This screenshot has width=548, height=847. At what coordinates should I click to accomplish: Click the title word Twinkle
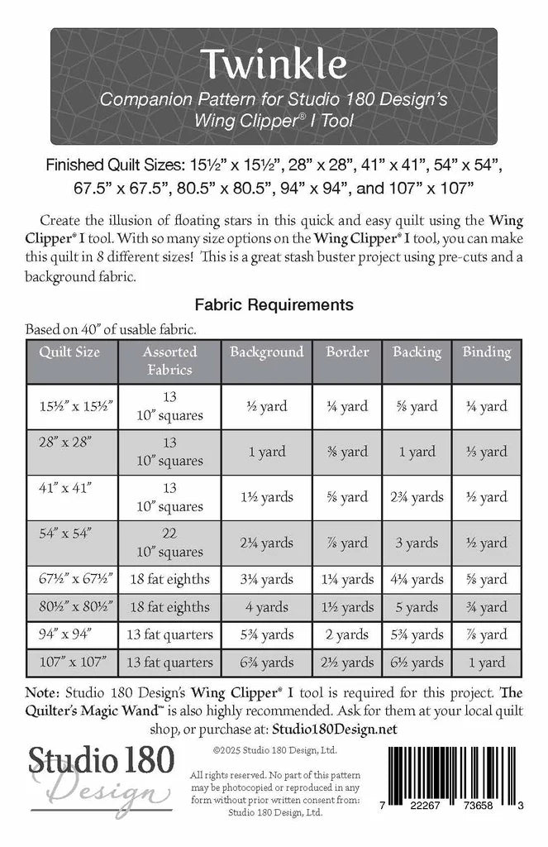(273, 64)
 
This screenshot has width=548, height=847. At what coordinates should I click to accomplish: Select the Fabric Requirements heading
(273, 304)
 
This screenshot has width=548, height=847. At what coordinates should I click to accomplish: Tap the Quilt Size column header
(69, 352)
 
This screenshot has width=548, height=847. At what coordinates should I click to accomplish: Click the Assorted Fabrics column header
(169, 360)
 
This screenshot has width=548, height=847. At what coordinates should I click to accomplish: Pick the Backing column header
(417, 352)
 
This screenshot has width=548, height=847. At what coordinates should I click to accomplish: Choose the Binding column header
(486, 352)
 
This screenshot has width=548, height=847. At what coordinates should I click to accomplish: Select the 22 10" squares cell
(169, 543)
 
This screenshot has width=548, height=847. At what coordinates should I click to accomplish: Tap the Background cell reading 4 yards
(266, 607)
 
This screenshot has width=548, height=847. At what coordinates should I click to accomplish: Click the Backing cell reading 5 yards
(417, 607)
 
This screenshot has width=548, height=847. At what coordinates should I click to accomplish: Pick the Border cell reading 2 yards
(347, 634)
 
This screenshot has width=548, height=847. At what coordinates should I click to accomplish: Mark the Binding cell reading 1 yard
(486, 662)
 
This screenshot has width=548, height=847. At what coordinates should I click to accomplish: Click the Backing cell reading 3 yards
(417, 543)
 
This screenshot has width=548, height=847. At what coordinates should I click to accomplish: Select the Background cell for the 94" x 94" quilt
(266, 634)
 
